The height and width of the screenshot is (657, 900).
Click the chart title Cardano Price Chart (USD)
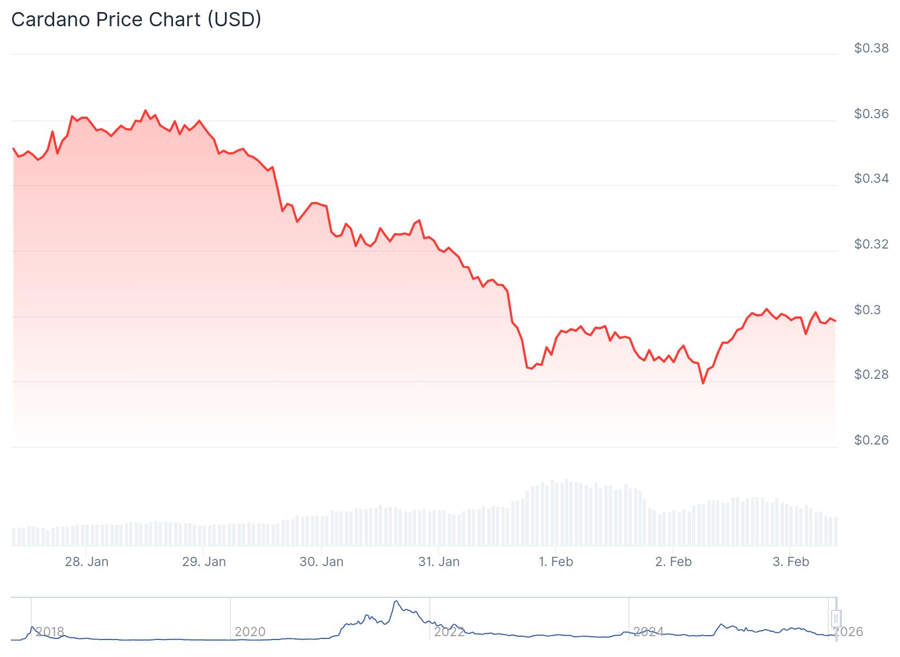pos(136,20)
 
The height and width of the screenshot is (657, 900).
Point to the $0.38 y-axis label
pos(871,48)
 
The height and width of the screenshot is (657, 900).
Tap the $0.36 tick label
pos(871,114)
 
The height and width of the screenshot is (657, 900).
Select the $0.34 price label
pos(871,178)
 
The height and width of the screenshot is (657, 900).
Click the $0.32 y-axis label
pos(871,244)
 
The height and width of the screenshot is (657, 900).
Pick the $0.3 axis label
pos(867,310)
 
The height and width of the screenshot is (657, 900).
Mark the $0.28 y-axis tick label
pos(871,374)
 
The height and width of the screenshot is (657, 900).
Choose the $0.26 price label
pos(871,440)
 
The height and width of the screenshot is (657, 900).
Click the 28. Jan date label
pos(86,562)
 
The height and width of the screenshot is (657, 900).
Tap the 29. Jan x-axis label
pos(204,562)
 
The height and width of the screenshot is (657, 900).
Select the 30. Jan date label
pos(321,562)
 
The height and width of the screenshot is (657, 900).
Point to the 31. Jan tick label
pos(439,562)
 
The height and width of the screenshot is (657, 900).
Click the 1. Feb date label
pos(556,562)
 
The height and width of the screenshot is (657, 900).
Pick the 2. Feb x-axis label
pos(673,562)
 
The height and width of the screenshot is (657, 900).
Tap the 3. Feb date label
pos(791,562)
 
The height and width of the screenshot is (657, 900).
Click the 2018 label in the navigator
pos(50,632)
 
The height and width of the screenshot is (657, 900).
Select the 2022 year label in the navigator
pos(449,632)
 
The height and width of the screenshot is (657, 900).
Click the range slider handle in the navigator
pos(835,618)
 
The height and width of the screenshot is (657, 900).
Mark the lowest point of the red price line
pos(703,383)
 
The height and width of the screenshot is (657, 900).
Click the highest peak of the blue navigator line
pos(395,601)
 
